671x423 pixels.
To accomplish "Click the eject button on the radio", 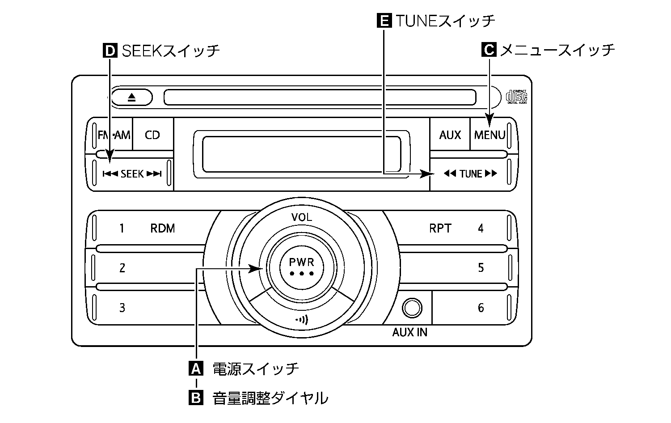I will click(x=131, y=97).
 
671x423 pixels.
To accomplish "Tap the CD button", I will click(x=152, y=135).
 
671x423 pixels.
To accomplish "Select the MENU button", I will click(x=490, y=135).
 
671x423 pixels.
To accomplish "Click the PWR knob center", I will click(x=302, y=266).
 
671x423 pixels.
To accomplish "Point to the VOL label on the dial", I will click(x=302, y=218).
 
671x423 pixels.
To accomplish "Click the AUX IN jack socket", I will click(x=411, y=308).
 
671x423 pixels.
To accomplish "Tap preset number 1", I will click(x=122, y=228).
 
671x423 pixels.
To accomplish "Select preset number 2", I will click(x=122, y=268).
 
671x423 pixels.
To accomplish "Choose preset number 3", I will click(x=122, y=308).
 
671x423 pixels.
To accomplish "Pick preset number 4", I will click(x=481, y=228).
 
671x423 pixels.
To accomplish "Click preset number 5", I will click(x=481, y=268).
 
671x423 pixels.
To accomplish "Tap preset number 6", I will click(x=481, y=308).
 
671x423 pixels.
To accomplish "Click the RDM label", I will click(x=162, y=228).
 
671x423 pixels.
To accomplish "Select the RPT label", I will click(x=440, y=228).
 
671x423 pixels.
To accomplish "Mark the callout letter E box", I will click(x=384, y=21).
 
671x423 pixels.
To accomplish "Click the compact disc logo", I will click(x=516, y=97).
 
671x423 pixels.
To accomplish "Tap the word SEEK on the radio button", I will click(x=132, y=174).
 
